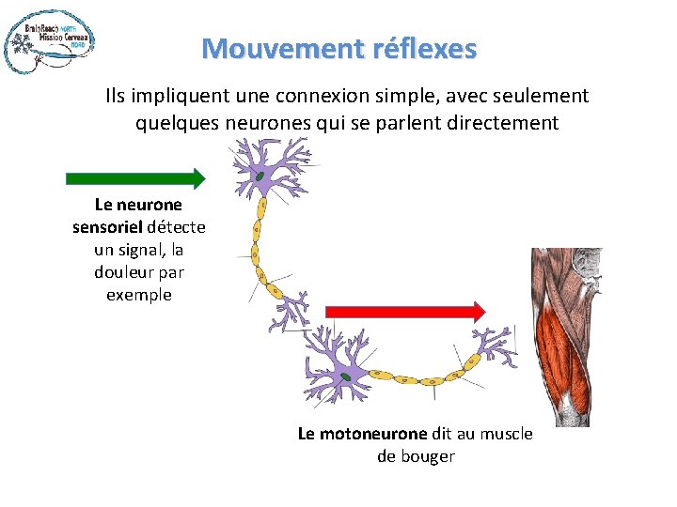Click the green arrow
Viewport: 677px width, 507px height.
135,178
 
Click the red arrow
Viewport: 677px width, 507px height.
404,311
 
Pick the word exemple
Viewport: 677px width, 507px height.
139,294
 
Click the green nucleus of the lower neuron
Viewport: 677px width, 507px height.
346,376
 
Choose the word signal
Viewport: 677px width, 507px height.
146,249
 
